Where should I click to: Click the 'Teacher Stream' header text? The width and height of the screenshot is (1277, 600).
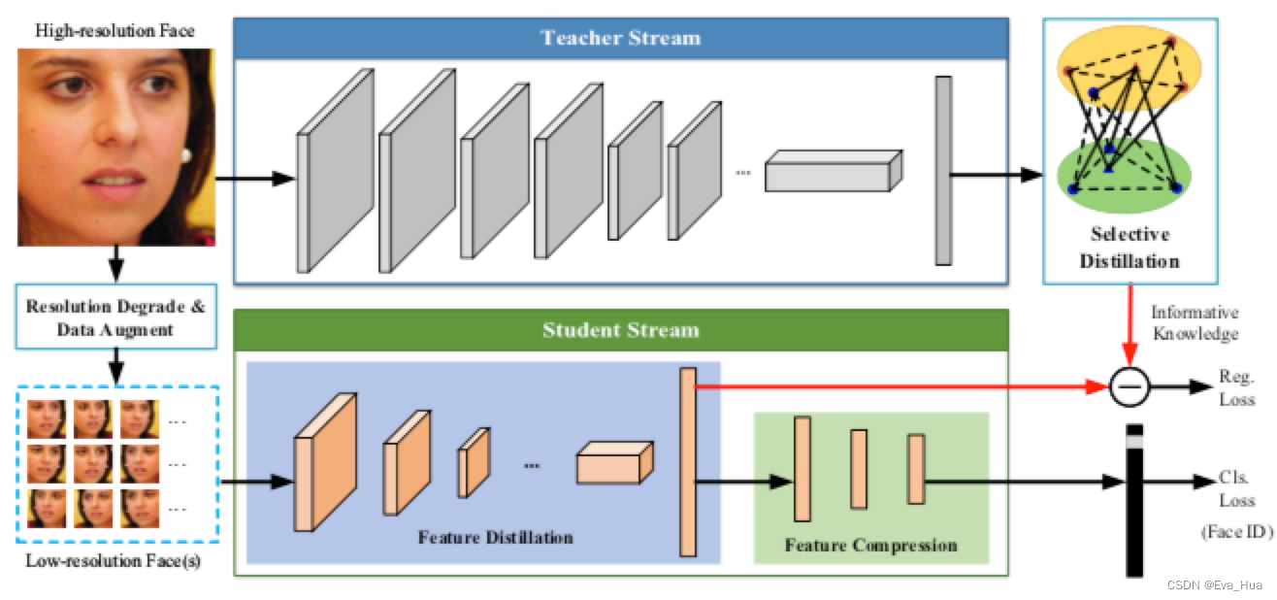621,38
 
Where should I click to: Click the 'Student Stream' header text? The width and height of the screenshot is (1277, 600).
621,330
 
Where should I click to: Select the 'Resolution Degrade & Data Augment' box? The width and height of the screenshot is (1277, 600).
115,318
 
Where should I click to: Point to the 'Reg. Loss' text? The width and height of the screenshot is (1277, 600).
1237,387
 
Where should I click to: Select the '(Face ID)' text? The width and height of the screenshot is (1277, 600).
1229,532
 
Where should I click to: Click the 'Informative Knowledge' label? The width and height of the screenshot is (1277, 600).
1195,322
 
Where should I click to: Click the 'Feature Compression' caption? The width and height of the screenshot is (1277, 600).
870,545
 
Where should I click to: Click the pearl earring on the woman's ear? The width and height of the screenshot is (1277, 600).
185,154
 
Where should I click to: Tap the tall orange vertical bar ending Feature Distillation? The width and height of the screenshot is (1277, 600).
688,462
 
